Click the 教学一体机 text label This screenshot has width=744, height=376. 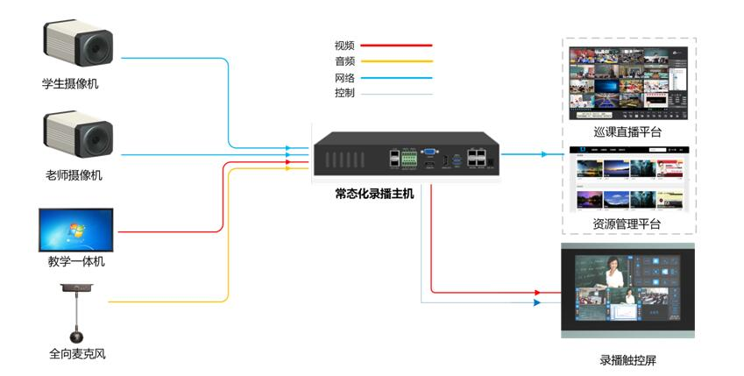(75, 262)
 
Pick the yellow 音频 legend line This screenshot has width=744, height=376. (397, 61)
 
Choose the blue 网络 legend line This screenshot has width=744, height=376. (397, 78)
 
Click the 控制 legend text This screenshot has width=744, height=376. (344, 93)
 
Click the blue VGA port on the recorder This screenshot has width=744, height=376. (430, 152)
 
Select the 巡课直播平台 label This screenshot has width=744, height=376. (627, 132)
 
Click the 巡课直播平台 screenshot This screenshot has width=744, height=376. (628, 83)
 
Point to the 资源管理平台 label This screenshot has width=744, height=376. (627, 224)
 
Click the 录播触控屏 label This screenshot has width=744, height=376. (627, 359)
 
